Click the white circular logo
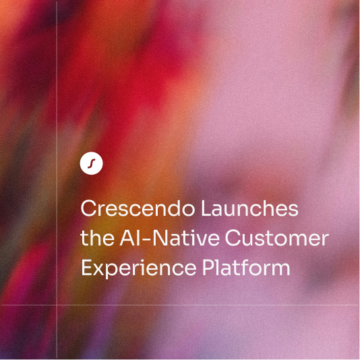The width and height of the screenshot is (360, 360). pos(92,163)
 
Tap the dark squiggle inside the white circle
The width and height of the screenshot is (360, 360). pos(92,163)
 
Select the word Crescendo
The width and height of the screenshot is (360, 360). pos(138,208)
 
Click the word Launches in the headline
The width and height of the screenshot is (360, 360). pos(249,208)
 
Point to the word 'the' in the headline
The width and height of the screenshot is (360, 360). pos(97,237)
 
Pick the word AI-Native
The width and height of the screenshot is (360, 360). pos(169,237)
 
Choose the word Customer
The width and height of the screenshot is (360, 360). pos(276,237)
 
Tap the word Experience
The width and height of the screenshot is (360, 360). pos(139,268)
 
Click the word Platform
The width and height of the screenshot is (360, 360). pos(246,267)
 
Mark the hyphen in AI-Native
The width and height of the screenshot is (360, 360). pos(146,239)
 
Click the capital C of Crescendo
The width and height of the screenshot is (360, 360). pos(88,208)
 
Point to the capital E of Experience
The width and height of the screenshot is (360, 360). pos(86,268)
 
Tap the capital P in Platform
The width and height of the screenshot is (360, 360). pos(208,268)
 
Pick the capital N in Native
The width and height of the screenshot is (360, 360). pos(159,238)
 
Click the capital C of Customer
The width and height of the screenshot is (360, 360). pos(232,238)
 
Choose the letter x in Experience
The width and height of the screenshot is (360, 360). pos(99,270)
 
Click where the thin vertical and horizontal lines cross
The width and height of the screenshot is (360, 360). pos(57,305)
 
